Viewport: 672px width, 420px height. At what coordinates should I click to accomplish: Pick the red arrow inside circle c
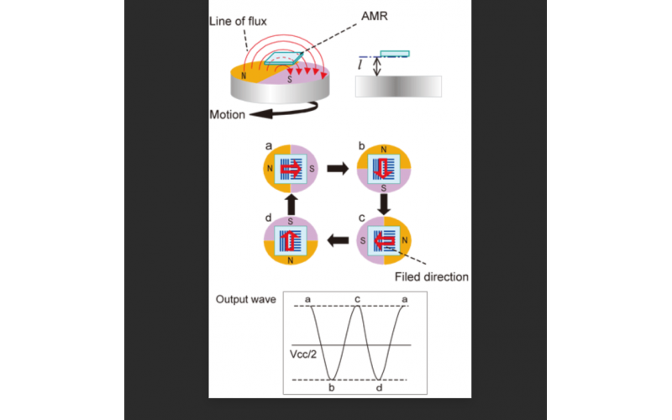click(386, 241)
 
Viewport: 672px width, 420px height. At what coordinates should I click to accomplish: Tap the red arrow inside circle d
click(291, 241)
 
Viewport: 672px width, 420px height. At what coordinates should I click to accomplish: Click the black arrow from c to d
click(338, 242)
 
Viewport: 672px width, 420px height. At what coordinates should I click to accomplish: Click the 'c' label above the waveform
click(359, 300)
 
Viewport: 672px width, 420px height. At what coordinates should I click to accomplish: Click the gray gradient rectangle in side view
click(397, 87)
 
